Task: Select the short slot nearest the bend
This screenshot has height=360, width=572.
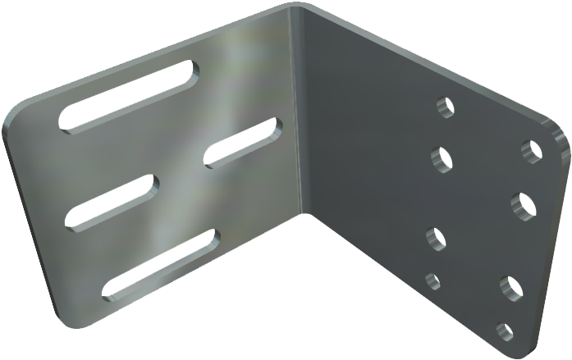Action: pos(243,144)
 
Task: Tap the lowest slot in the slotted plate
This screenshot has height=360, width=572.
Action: pos(160,263)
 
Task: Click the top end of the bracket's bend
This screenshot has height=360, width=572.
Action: pos(297,10)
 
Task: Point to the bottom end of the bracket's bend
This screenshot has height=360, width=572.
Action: pos(305,215)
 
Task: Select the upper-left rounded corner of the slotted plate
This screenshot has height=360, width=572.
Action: pos(18,111)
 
